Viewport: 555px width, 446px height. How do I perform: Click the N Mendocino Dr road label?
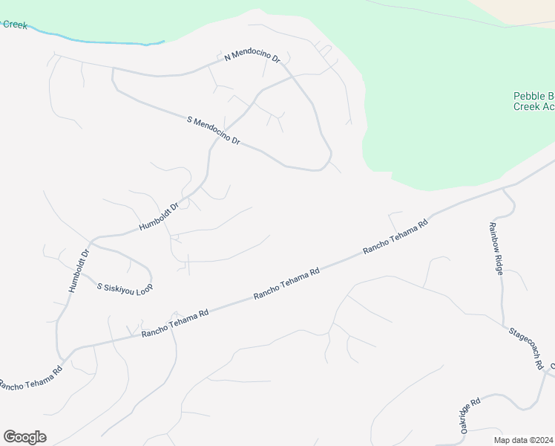coord(252,56)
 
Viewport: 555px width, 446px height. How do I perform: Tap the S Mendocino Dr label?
coord(215,130)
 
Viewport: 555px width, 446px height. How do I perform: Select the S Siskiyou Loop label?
coord(125,286)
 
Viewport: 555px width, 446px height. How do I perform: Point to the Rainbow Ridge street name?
coord(496,248)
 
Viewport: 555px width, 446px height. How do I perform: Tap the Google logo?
coord(24,437)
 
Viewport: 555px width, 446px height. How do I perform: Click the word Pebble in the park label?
coord(528,96)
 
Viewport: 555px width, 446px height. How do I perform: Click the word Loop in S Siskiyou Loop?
coord(144,288)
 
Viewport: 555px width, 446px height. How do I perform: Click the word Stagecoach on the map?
coord(522,339)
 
